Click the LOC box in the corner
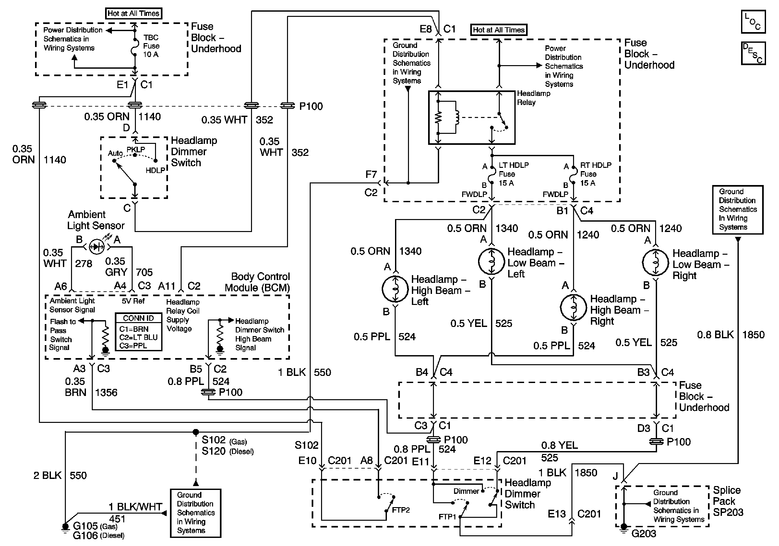(x=753, y=22)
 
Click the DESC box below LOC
(x=753, y=53)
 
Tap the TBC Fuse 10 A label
(x=151, y=46)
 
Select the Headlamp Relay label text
(x=533, y=98)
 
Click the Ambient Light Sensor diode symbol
(x=96, y=247)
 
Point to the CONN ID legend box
(x=138, y=332)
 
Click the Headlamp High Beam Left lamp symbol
(x=395, y=289)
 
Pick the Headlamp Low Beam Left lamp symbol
(x=491, y=261)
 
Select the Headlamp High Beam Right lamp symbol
(x=573, y=308)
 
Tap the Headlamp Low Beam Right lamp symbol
(x=655, y=263)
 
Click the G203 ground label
(x=644, y=534)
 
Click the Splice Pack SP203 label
(x=728, y=501)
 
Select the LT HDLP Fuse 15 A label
(x=513, y=174)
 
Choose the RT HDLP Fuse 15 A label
(x=595, y=174)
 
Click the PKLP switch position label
(x=136, y=149)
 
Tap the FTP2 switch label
(x=401, y=510)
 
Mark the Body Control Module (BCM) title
(x=257, y=282)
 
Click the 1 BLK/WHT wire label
(x=135, y=507)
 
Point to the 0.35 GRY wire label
(x=116, y=267)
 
